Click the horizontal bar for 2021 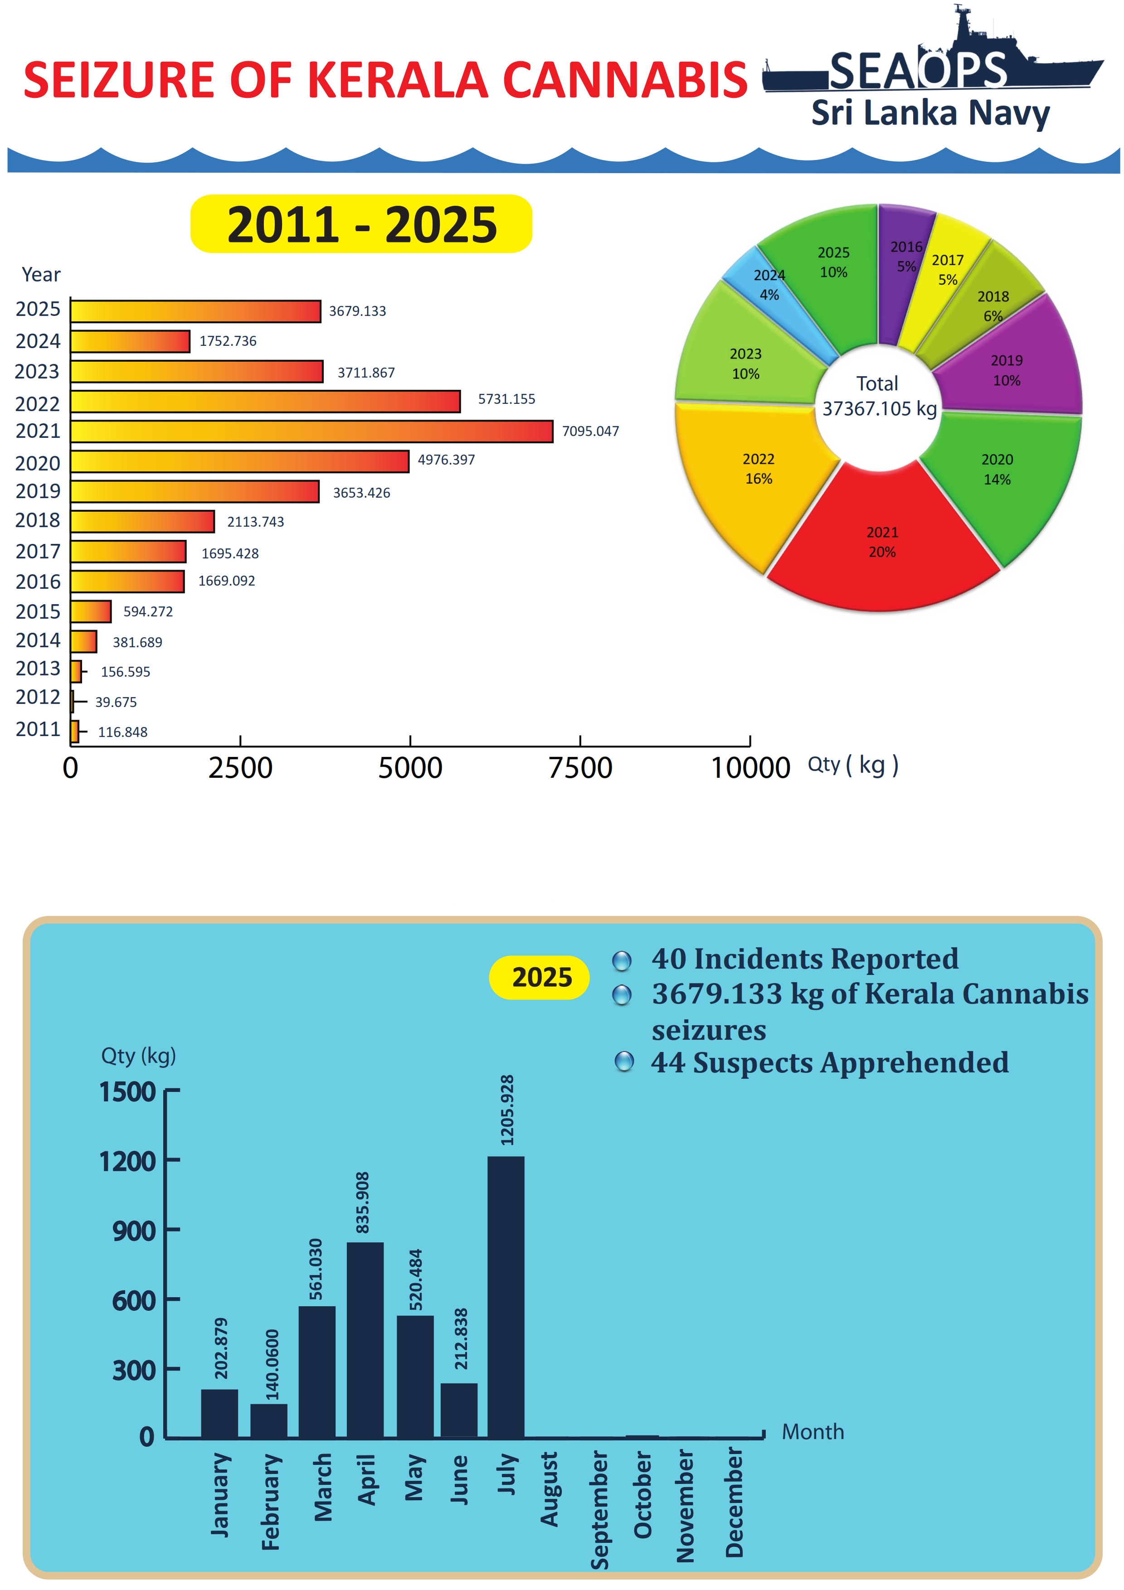311,431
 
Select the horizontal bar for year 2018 143,521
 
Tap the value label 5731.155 506,399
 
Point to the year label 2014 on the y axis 38,640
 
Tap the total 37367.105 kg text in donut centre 879,408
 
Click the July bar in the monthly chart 506,1296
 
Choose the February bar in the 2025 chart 269,1420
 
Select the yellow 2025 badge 540,977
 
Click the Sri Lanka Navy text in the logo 930,113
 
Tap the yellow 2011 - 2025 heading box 361,224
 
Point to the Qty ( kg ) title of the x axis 852,765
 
